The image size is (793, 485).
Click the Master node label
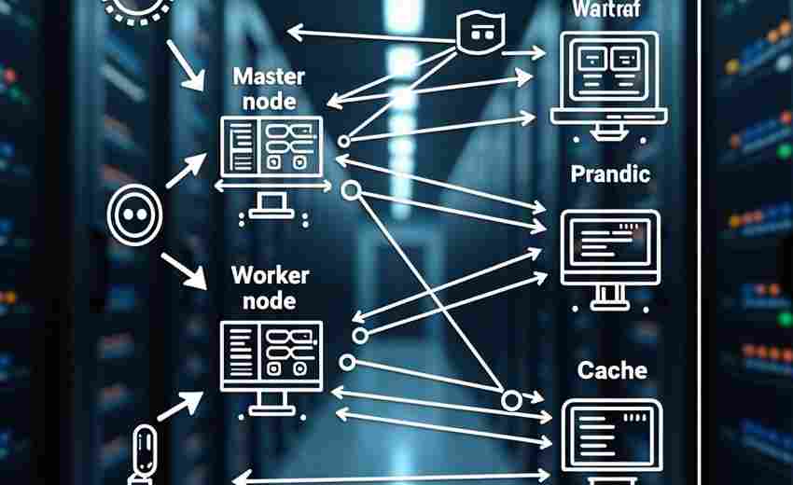263,88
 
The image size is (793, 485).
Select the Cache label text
612,370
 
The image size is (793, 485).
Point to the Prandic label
610,173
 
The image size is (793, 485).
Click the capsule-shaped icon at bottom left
145,451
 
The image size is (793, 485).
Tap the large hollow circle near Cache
510,401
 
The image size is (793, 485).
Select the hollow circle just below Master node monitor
351,191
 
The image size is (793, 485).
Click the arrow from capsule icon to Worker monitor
182,407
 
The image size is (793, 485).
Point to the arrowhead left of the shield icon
294,34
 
